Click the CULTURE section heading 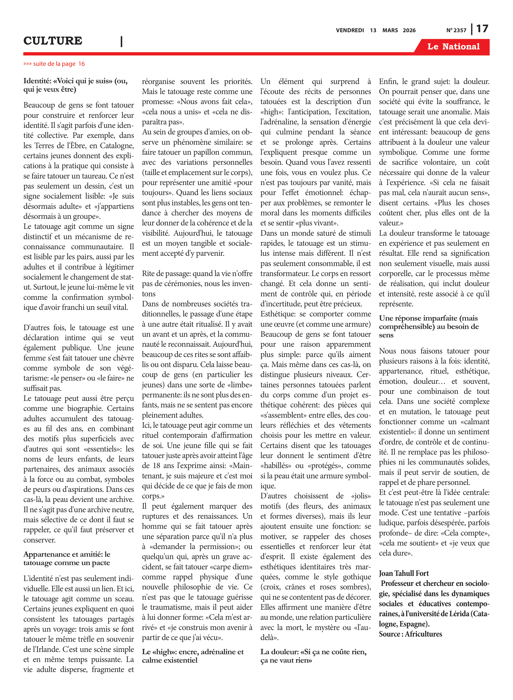click(53, 41)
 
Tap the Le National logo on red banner click(453, 47)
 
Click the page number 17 click(482, 29)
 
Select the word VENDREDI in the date click(350, 30)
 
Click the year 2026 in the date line click(409, 30)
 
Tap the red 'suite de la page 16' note click(54, 64)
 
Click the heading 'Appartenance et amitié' click(67, 558)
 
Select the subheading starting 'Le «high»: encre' click(193, 656)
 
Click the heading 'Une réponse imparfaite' click(429, 326)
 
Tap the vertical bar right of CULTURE click(121, 42)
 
